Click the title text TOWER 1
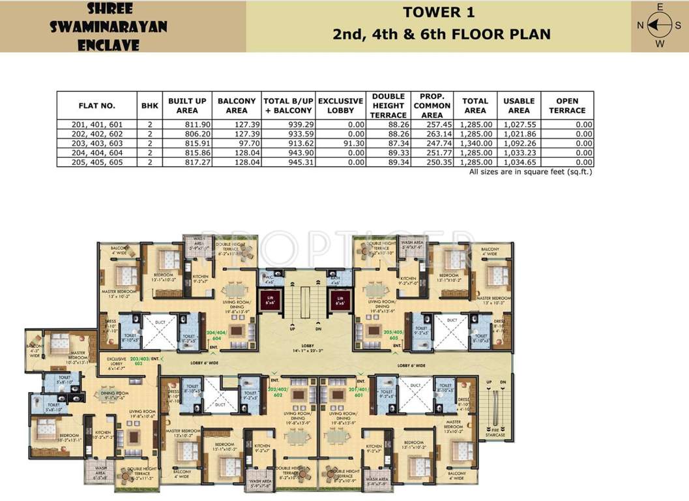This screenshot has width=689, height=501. tap(438, 12)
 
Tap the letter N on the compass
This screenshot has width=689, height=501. tap(640, 25)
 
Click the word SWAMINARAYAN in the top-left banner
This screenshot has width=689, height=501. tap(109, 27)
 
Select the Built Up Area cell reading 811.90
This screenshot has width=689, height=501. tap(187, 124)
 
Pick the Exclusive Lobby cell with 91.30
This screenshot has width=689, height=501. tap(340, 143)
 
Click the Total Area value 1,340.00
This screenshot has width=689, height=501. tap(475, 143)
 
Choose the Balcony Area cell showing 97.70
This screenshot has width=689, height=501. tap(237, 143)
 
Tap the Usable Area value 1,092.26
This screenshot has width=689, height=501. tap(518, 143)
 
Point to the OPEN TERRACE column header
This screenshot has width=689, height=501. tap(567, 106)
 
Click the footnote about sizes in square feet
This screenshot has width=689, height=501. tap(531, 172)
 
